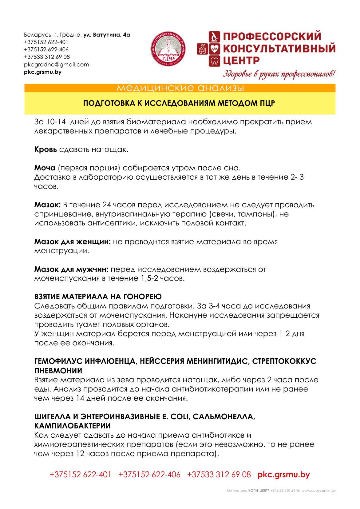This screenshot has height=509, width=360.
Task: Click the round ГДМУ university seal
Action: point(168,48)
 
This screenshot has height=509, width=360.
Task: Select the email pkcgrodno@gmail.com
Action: point(56,65)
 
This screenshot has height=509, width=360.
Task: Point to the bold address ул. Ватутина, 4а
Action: point(107,35)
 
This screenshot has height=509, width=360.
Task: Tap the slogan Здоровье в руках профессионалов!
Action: point(279,74)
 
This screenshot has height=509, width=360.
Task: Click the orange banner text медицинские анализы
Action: point(180,88)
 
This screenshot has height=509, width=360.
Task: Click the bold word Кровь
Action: point(45,149)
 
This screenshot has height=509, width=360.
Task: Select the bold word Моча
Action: point(45,168)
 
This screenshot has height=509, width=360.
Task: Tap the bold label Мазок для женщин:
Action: point(72,242)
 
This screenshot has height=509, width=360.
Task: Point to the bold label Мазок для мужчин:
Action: point(71,269)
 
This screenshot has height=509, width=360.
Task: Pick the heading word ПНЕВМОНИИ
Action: point(58,371)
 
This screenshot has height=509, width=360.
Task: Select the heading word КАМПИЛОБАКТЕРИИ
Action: point(72,426)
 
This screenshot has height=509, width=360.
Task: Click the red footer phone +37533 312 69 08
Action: point(219,475)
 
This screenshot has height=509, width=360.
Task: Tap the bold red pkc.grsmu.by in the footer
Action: point(283,475)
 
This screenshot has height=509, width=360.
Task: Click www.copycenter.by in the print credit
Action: point(318,491)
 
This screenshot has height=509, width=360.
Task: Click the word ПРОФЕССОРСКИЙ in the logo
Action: point(272,36)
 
